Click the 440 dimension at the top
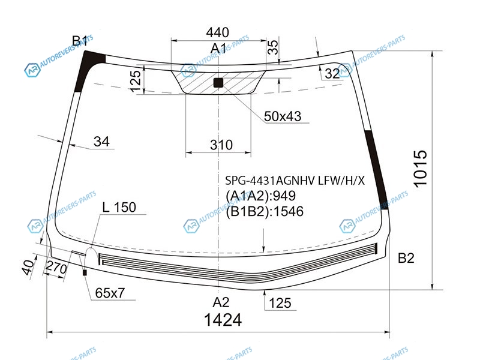click(x=217, y=32)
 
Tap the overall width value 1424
click(x=223, y=320)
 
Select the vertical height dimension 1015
click(x=420, y=168)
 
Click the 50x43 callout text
click(x=283, y=116)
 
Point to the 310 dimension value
click(x=221, y=145)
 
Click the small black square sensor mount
click(x=218, y=83)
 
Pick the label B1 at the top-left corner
click(x=80, y=41)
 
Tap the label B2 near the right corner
click(x=406, y=258)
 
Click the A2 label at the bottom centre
click(x=221, y=302)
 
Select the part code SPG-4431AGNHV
click(x=269, y=181)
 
